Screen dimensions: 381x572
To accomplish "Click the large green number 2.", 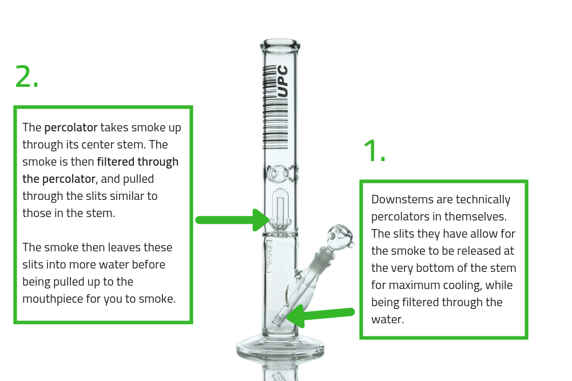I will tap(26, 77).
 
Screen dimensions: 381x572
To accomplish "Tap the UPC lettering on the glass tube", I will tap(283, 81).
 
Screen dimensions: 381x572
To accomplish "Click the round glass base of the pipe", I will tap(280, 345).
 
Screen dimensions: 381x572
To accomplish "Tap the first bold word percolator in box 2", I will tap(71, 127).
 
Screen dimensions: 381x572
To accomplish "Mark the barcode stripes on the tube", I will tap(269, 106).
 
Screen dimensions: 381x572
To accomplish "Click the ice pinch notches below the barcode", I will tap(280, 172).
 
